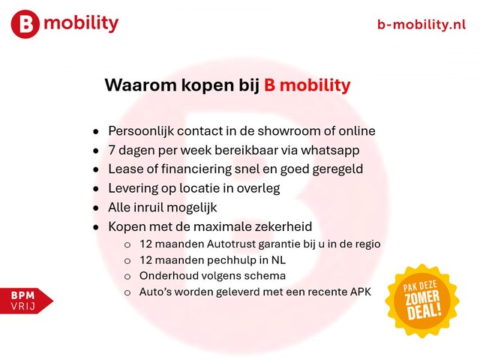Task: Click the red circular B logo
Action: click(25, 24)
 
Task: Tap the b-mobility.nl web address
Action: click(421, 24)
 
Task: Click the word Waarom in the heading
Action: click(141, 85)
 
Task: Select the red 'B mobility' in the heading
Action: click(307, 85)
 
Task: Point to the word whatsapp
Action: click(330, 151)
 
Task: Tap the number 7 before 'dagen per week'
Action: click(112, 150)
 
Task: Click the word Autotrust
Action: click(231, 244)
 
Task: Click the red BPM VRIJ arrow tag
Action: click(27, 301)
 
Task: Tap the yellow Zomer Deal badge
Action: click(422, 301)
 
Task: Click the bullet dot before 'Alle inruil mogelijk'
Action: click(96, 208)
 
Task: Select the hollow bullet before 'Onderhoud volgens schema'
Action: click(127, 277)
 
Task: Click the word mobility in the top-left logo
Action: click(81, 23)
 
